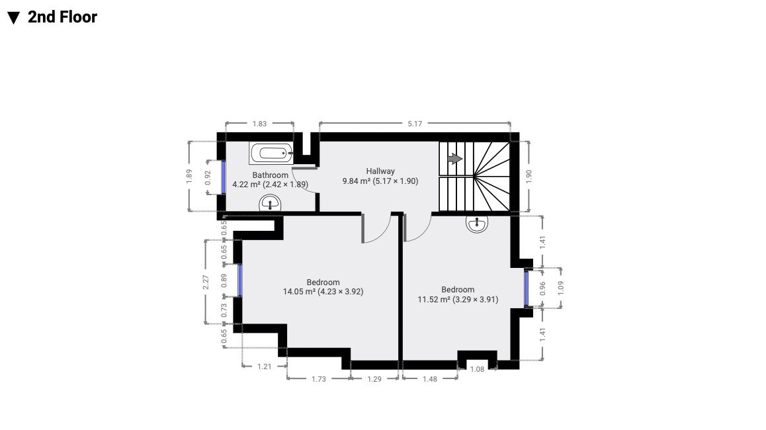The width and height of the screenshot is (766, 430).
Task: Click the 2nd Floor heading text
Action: click(62, 17)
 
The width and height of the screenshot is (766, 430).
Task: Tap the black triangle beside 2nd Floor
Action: click(14, 18)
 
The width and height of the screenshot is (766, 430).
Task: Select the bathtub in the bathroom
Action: click(271, 153)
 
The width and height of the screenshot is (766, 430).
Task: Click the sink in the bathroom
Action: click(270, 203)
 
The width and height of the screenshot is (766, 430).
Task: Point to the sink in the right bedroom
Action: click(477, 224)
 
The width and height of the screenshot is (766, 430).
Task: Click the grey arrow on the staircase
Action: click(455, 159)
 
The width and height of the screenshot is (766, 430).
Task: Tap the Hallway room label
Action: click(380, 171)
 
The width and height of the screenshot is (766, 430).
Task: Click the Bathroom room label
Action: click(270, 175)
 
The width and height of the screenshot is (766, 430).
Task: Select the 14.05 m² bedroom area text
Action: click(323, 292)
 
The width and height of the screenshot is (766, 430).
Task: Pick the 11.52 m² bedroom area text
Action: click(458, 300)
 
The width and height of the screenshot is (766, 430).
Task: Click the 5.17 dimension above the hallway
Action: click(415, 124)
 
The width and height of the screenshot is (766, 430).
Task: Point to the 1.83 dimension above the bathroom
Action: click(259, 124)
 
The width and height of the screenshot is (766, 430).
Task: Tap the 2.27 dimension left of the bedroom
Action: click(206, 282)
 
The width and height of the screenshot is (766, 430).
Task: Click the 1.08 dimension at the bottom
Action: click(478, 369)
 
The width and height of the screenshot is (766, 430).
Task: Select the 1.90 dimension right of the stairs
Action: click(528, 177)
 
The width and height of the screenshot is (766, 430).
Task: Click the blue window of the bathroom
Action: click(224, 177)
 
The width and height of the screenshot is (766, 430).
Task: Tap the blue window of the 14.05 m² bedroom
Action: click(240, 280)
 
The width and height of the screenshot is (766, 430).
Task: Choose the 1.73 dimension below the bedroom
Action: click(319, 378)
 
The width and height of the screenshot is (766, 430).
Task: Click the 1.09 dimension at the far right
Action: click(561, 287)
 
